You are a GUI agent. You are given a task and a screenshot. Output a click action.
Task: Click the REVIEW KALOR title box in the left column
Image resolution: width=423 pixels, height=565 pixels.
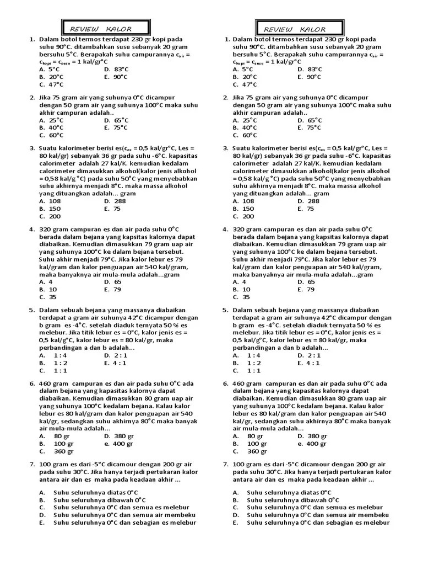tap(104, 28)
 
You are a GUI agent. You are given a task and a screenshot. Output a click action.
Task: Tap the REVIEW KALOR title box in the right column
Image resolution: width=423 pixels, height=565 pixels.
tap(297, 28)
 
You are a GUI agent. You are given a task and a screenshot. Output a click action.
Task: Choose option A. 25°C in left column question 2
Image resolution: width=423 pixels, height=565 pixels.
tap(51, 120)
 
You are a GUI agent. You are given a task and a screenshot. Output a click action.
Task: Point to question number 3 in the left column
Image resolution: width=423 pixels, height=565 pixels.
tap(32, 148)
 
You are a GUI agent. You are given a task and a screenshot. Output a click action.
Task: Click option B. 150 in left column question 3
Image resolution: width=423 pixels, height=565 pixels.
tap(50, 209)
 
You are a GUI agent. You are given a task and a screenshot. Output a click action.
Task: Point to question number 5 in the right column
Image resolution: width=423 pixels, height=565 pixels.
tap(225, 310)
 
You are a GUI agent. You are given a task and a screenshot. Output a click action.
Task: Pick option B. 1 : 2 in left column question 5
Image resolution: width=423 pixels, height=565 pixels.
tap(53, 363)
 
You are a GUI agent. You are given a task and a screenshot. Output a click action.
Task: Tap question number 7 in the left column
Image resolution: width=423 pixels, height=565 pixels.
tap(32, 465)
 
